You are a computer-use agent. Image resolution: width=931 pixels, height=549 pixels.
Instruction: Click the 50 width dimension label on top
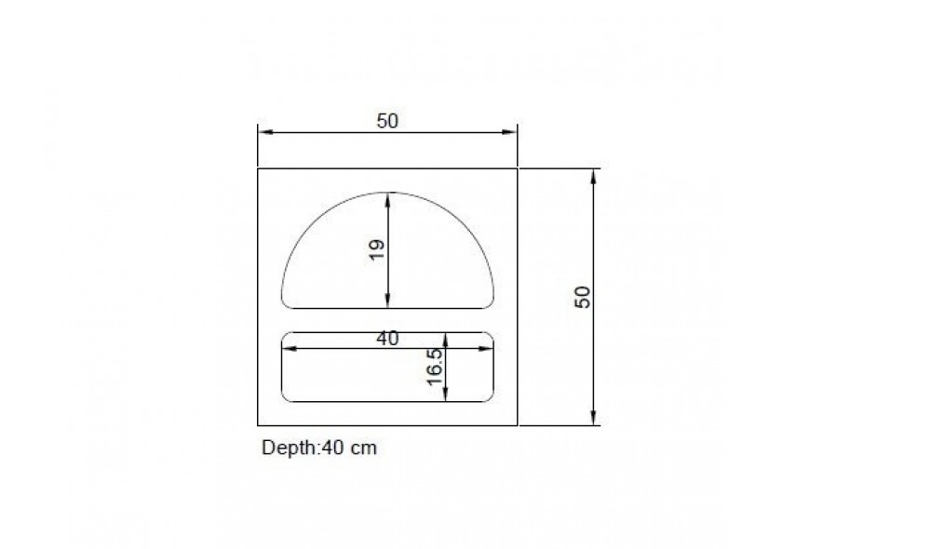tap(387, 121)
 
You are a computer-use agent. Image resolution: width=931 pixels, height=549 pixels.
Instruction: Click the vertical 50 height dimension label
tap(583, 297)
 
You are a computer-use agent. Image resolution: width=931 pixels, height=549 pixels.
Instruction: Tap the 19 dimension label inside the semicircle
tap(377, 249)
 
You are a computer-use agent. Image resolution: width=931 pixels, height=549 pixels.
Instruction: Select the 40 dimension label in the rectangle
tap(387, 339)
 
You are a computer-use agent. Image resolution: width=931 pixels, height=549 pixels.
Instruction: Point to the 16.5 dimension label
tap(435, 367)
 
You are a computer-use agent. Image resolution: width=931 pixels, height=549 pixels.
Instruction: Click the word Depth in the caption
tap(290, 449)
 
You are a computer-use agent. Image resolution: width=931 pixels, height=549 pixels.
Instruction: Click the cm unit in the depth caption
tap(363, 449)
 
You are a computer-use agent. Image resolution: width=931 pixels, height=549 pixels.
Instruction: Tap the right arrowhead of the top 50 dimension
tap(509, 132)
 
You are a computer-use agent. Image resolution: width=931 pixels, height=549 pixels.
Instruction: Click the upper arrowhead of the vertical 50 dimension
tap(593, 176)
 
